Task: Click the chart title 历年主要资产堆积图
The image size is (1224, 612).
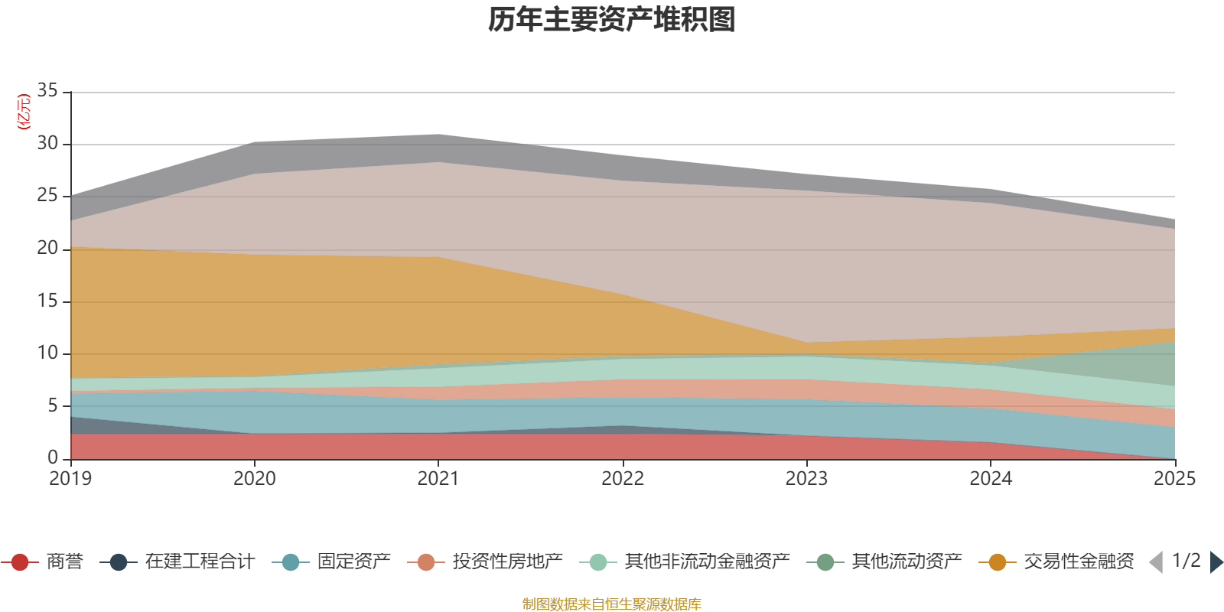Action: click(x=612, y=20)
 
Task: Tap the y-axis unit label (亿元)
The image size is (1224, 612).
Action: click(x=24, y=112)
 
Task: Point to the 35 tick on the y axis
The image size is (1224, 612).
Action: click(x=47, y=91)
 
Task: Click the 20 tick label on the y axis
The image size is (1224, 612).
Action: click(x=47, y=249)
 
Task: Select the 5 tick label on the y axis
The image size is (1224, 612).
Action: click(x=53, y=405)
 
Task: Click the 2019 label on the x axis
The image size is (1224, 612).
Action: click(x=70, y=479)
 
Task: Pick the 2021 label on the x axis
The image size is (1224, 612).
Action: click(x=438, y=479)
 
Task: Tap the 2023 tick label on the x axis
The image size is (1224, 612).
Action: click(x=806, y=479)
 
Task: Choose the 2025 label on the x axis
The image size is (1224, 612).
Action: click(x=1174, y=479)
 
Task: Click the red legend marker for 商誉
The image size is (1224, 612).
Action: click(x=20, y=562)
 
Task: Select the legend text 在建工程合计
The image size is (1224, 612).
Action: click(x=199, y=562)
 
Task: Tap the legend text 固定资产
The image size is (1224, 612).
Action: click(x=353, y=562)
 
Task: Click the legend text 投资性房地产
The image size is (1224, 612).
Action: click(x=507, y=562)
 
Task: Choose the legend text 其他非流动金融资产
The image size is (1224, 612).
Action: click(x=707, y=562)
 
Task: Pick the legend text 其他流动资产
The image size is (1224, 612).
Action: click(x=907, y=562)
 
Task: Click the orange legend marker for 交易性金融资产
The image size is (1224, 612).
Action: click(x=998, y=562)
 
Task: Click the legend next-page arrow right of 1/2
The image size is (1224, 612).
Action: click(x=1216, y=562)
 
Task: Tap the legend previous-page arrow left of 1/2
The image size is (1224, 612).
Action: click(x=1156, y=562)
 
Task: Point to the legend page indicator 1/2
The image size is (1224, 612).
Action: click(x=1186, y=561)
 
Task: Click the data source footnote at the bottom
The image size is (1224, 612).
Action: click(x=612, y=604)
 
